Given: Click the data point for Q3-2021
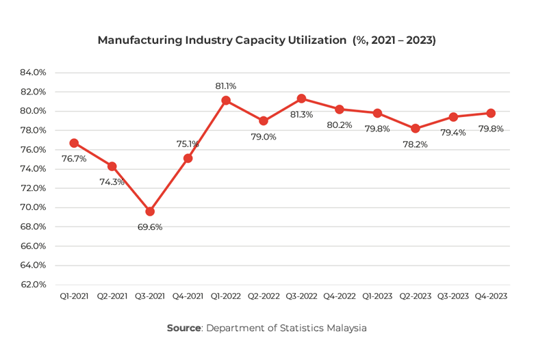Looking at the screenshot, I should (150, 211).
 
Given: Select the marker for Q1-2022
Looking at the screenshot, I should (226, 101).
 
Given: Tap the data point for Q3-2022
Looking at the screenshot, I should (302, 99).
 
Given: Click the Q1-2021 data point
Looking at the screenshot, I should (74, 143).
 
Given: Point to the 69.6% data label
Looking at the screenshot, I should (150, 227).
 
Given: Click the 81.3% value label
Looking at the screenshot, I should (302, 114).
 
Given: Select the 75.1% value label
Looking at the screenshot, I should (188, 144).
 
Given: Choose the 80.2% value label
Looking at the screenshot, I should (340, 125).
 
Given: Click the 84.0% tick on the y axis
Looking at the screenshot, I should (33, 73).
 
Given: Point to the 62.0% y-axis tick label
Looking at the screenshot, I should (33, 285).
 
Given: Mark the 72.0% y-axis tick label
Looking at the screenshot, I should (33, 188).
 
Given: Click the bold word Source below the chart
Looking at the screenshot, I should (183, 329).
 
